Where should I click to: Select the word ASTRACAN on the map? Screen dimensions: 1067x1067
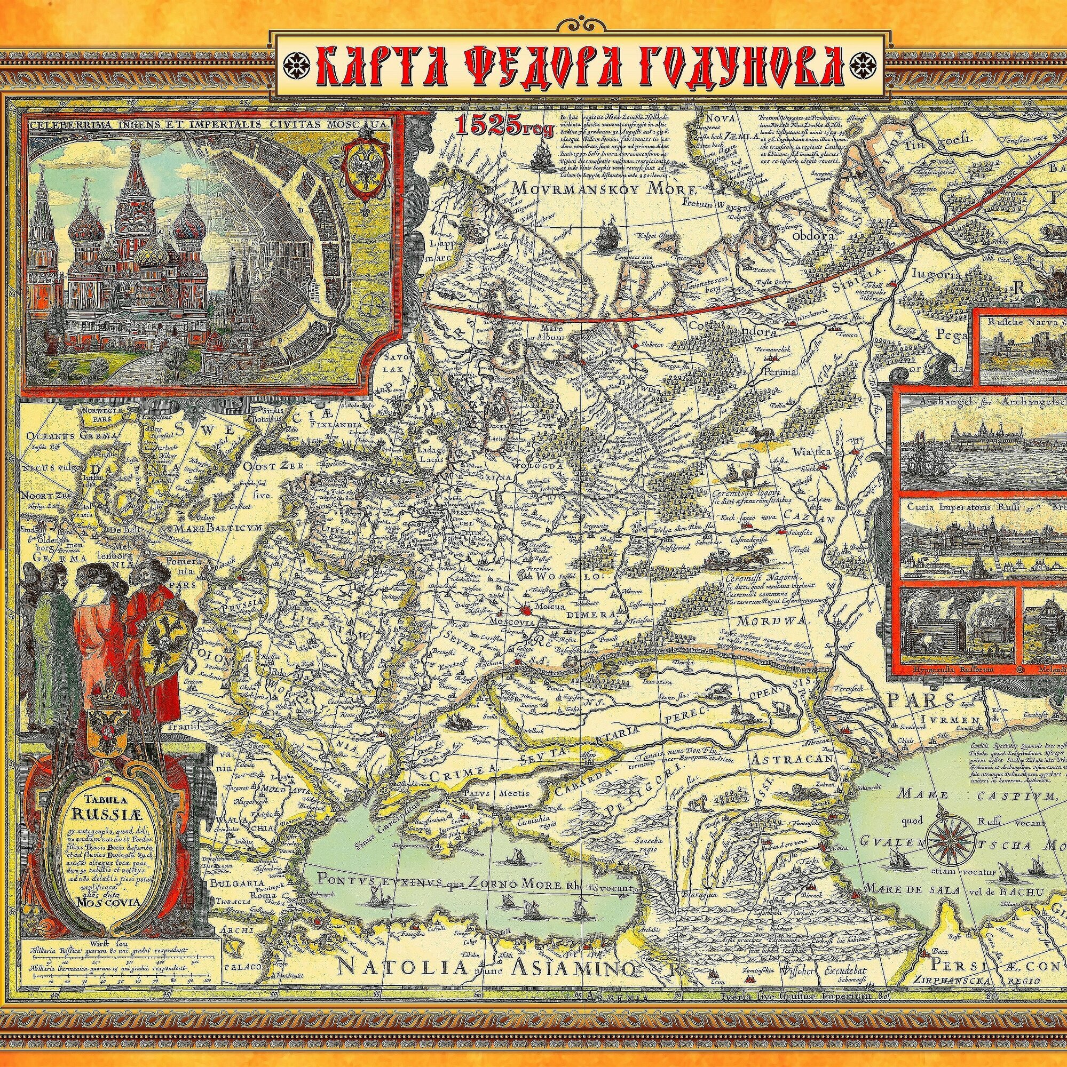click(791, 760)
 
